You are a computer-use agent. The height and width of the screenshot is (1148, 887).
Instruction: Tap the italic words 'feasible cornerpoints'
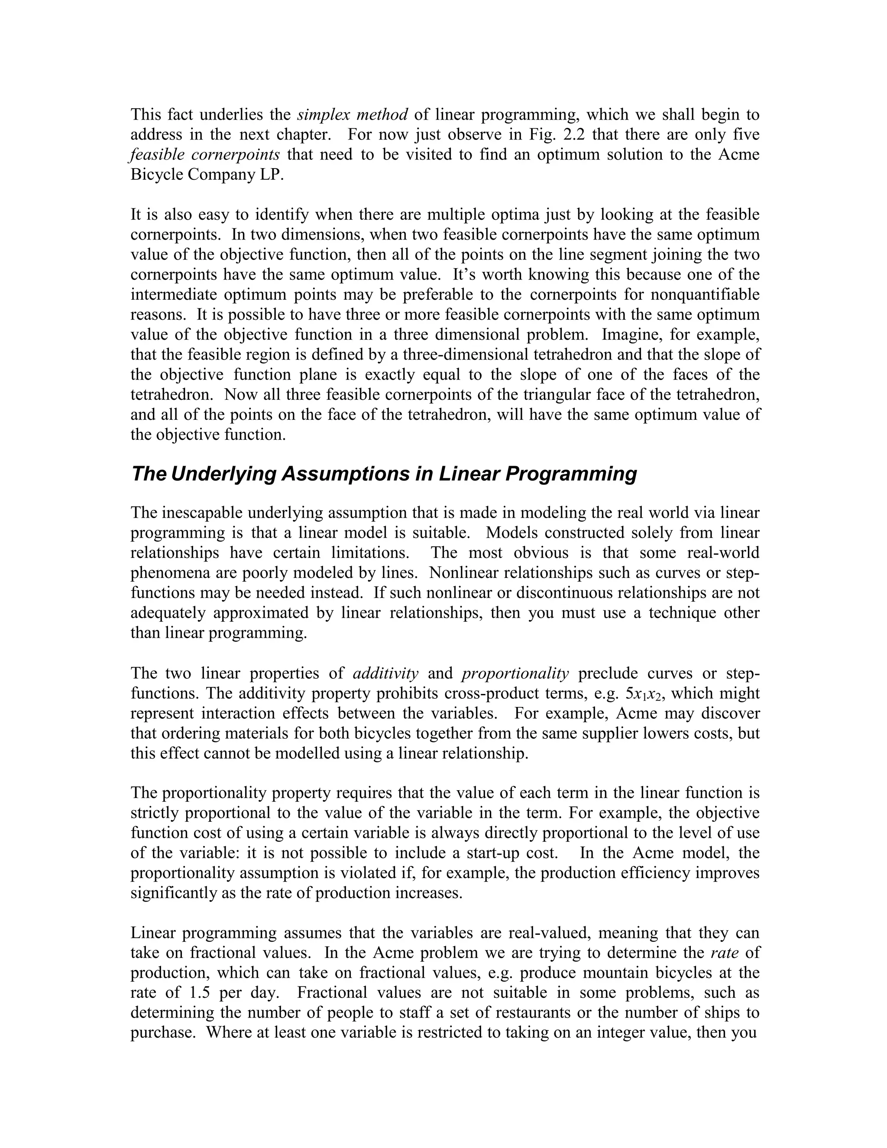point(205,155)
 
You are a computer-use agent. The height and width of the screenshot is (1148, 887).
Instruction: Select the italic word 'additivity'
point(386,673)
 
